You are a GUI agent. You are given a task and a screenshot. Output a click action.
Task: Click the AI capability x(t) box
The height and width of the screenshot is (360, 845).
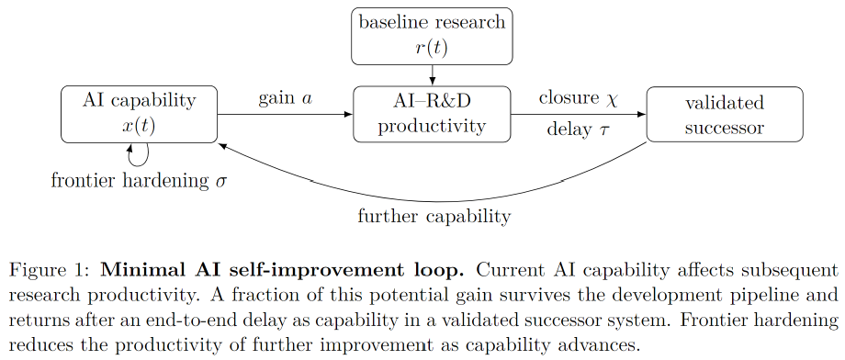[139, 114]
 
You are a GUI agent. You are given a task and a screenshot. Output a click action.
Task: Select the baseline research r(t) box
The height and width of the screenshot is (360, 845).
[432, 36]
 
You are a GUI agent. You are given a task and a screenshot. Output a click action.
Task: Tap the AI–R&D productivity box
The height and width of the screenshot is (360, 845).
[432, 114]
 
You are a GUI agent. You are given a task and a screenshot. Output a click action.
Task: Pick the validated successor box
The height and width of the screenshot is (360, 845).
[725, 114]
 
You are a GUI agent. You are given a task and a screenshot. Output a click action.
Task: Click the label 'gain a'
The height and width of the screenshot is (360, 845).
[285, 98]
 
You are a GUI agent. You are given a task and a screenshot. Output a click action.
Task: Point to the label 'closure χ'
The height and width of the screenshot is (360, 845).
[578, 98]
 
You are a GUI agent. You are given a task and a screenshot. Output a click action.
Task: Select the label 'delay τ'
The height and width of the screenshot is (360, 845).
[578, 129]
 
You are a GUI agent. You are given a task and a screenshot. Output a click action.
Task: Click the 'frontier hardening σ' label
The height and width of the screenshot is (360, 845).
[139, 181]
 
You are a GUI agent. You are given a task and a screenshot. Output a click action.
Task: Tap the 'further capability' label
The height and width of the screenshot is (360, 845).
[434, 216]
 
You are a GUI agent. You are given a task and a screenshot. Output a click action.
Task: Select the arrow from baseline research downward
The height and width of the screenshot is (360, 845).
[432, 75]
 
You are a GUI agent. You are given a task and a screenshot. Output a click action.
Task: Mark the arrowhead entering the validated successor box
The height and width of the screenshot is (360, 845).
[642, 114]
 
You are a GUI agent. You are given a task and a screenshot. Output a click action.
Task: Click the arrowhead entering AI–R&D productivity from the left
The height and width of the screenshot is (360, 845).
[349, 114]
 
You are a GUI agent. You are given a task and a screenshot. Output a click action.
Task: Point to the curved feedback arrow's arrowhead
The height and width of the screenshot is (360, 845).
[221, 145]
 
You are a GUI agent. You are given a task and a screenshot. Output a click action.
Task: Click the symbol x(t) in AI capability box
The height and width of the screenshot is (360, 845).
[139, 127]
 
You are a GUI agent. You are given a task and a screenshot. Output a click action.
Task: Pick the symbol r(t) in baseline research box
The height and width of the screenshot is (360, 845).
[432, 49]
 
